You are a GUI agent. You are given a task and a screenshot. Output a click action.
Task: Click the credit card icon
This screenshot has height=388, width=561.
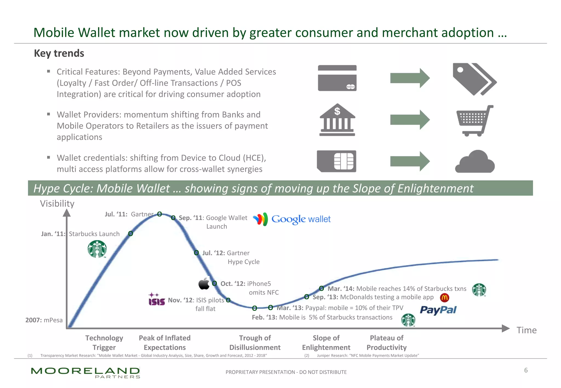point(337,78)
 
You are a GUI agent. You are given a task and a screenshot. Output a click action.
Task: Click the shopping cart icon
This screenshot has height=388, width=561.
point(474,121)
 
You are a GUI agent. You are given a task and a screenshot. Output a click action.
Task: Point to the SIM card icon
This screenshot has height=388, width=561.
point(336,161)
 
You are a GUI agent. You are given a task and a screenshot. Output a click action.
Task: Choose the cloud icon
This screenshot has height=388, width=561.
point(475,162)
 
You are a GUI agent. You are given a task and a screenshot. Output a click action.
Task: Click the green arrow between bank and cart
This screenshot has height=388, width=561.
point(410,120)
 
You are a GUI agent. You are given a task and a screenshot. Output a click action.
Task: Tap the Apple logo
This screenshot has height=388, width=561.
point(204,284)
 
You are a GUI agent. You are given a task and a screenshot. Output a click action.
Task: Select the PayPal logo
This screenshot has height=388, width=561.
point(438,310)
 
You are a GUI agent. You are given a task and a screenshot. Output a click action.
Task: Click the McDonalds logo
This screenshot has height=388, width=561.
point(444,297)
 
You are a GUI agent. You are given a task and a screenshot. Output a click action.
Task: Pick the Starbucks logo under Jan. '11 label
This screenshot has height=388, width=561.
point(97,249)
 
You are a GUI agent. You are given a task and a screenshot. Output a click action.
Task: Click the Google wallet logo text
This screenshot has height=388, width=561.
point(301,219)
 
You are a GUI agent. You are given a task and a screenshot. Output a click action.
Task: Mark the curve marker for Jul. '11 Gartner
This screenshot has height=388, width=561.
point(159,214)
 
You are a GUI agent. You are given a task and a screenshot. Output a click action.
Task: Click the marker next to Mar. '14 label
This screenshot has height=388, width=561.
point(322,288)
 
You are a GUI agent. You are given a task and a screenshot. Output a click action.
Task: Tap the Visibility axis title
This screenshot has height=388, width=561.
point(57,204)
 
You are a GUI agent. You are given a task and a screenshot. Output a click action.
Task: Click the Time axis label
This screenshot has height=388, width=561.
point(526,330)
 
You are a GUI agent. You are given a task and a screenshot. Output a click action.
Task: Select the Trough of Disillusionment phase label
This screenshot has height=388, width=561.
point(255,343)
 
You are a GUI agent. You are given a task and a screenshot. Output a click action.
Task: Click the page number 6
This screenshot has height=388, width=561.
point(526,370)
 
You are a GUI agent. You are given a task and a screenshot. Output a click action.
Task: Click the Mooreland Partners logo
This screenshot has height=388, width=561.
point(85,372)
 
